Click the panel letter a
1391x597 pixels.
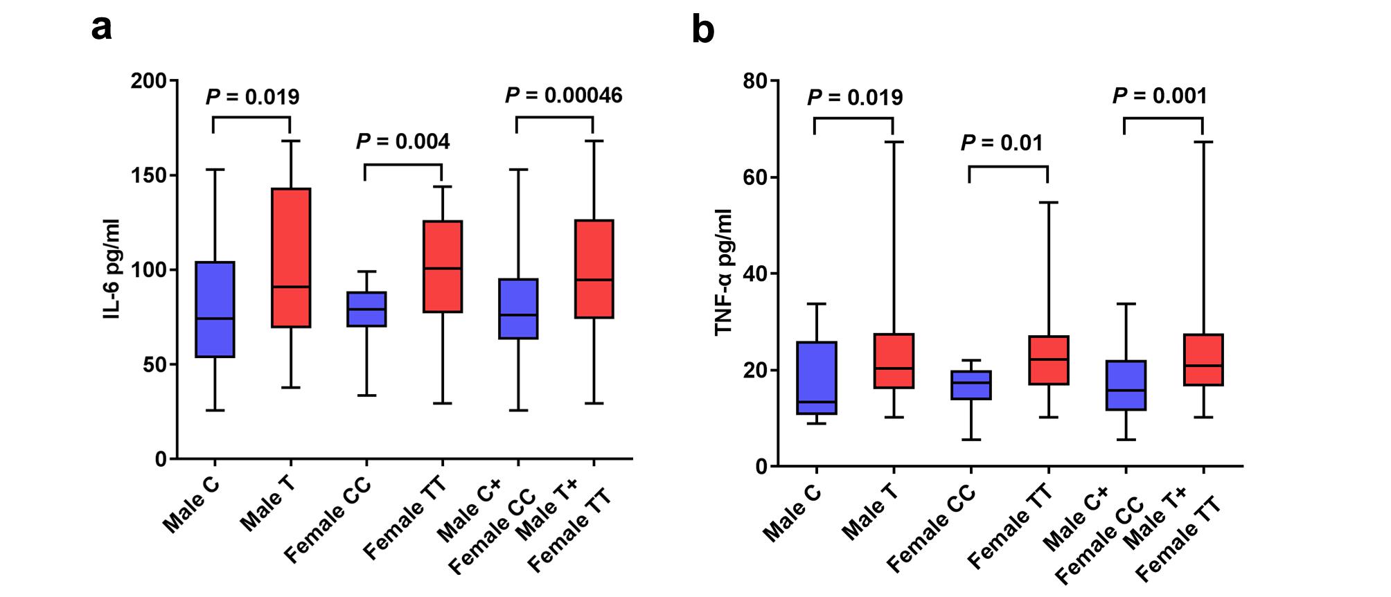click(102, 29)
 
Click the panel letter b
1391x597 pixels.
click(703, 30)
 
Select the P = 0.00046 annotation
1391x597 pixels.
click(563, 96)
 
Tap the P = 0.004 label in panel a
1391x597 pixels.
click(402, 142)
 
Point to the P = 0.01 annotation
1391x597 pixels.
click(1001, 143)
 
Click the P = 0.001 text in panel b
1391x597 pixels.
click(1160, 96)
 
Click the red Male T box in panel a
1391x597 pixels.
click(290, 257)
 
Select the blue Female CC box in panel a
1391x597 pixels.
click(366, 309)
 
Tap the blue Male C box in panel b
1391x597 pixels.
click(817, 377)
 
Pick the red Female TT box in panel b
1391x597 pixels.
click(1048, 360)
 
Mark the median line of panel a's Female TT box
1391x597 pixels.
click(443, 268)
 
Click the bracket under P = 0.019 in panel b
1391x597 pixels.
click(853, 118)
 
